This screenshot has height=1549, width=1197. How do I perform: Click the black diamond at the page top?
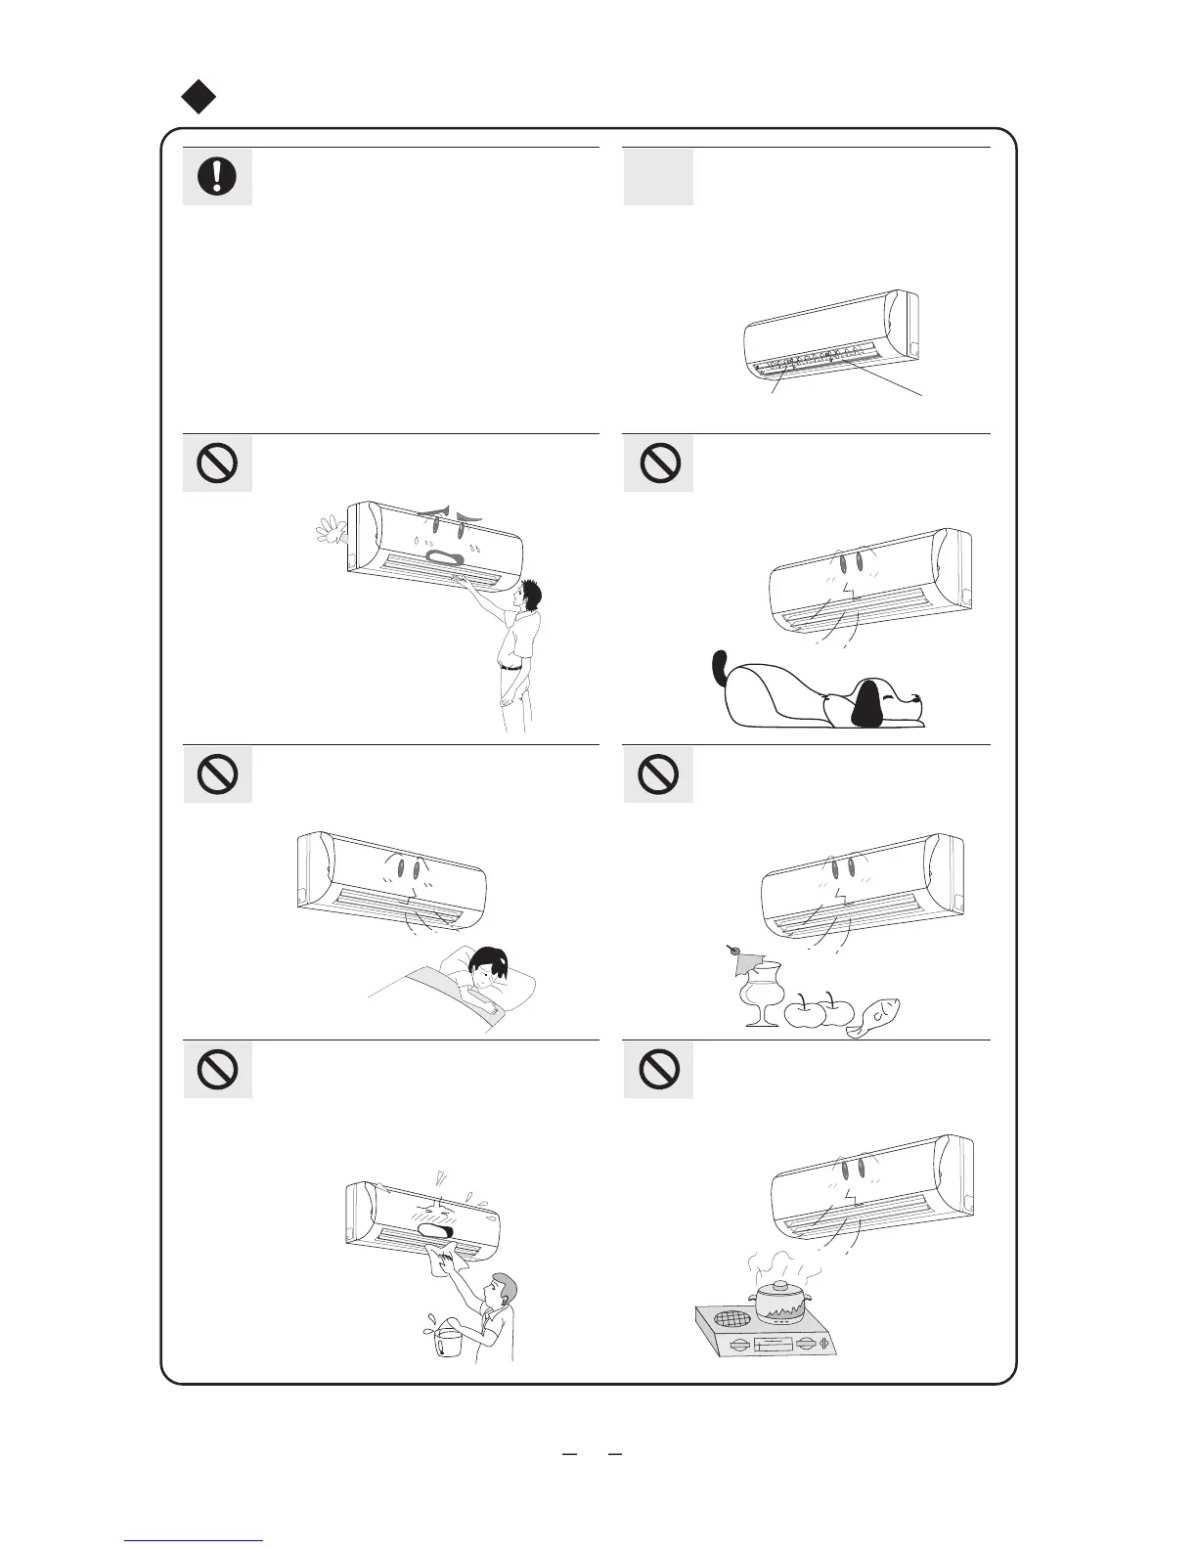coord(199,96)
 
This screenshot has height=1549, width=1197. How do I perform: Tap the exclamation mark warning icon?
coord(217,177)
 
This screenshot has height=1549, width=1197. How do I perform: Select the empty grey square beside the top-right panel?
coord(658,177)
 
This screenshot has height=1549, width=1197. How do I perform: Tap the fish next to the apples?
coord(873,1017)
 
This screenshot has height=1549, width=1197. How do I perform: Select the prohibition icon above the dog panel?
coord(659,464)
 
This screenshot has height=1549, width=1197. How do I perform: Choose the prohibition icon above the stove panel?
coord(659,1069)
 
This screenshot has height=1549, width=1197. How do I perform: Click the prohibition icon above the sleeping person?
coord(217,774)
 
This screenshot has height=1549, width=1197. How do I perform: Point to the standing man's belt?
coord(510,667)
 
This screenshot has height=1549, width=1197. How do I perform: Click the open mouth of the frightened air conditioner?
coord(446,557)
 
